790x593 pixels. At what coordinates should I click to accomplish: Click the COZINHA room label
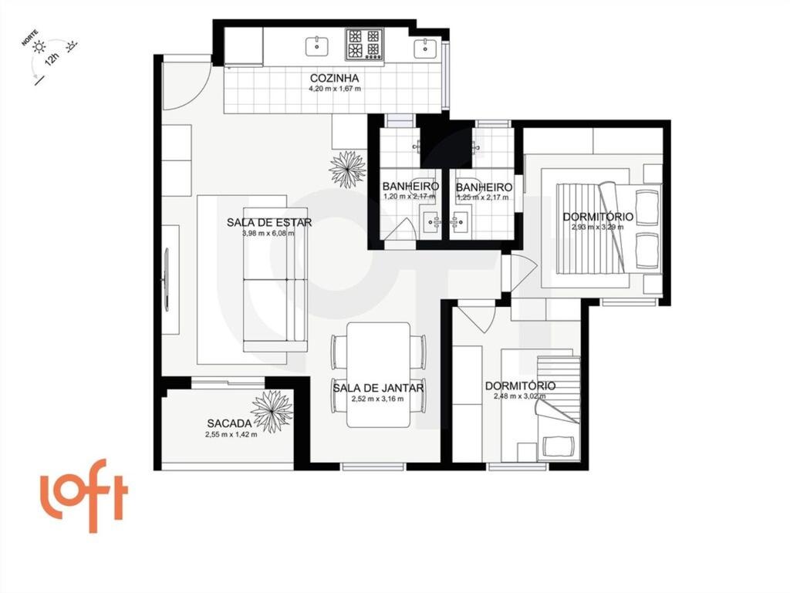[334, 78]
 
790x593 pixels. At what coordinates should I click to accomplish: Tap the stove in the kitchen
[364, 44]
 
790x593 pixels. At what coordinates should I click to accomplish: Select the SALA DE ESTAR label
[269, 223]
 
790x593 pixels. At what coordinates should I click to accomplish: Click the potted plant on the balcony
[272, 411]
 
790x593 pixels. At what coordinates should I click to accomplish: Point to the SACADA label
[229, 423]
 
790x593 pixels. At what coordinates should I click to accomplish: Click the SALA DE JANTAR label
[378, 388]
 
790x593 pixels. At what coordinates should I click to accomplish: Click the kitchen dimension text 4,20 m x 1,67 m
[334, 89]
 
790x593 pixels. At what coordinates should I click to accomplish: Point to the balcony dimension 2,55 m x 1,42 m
[231, 435]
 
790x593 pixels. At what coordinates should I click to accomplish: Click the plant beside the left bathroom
[347, 169]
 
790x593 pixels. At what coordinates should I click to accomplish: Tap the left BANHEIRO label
[410, 187]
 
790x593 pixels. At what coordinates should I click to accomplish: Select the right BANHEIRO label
[484, 187]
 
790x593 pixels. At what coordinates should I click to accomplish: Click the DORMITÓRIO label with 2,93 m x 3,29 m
[598, 217]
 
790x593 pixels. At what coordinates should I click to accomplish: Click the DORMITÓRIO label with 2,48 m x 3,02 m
[520, 386]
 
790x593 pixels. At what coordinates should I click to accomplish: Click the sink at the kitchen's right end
[426, 47]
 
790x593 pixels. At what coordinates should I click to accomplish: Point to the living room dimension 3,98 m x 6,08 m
[268, 234]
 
